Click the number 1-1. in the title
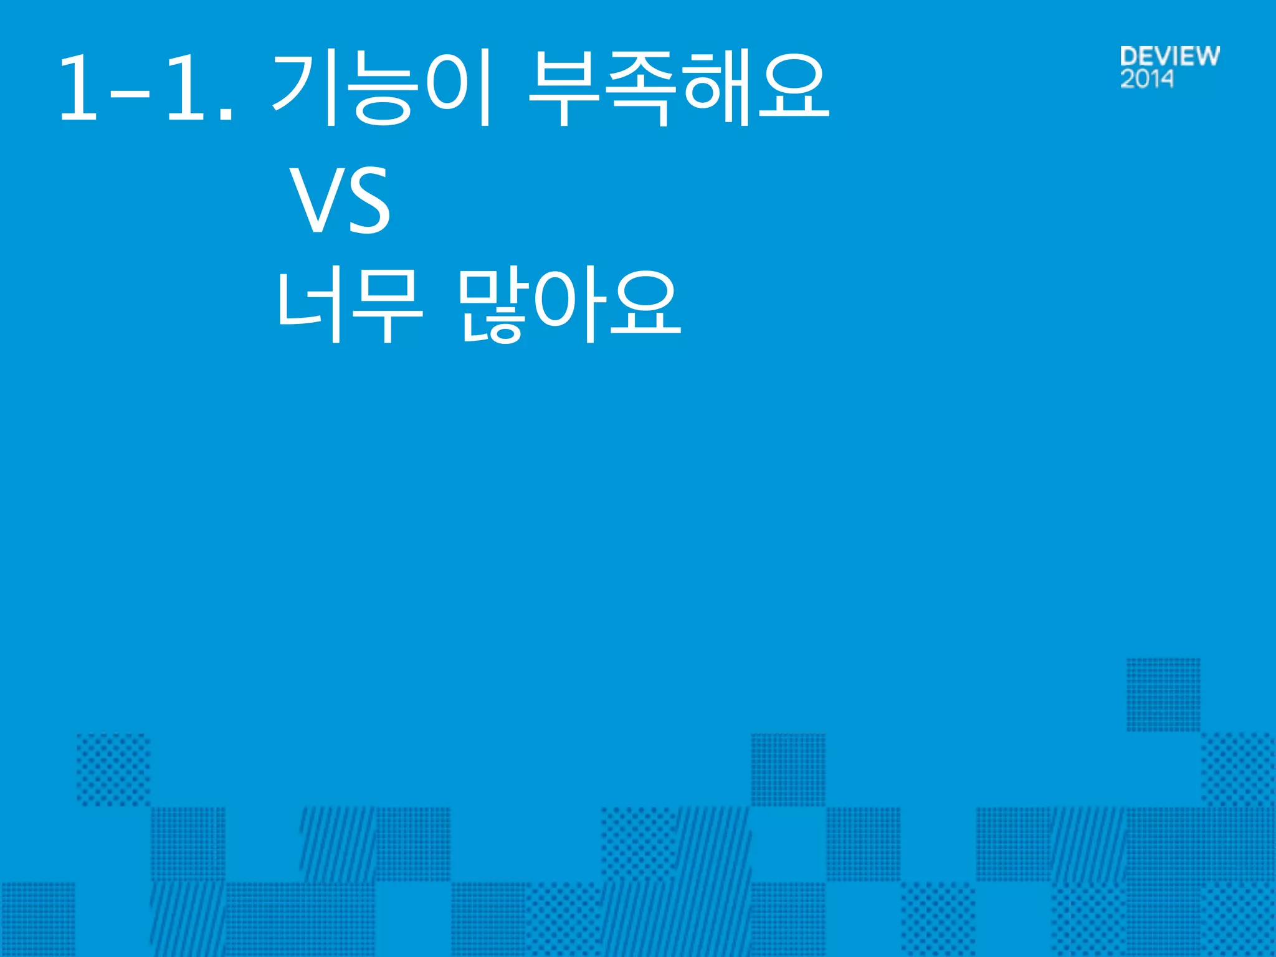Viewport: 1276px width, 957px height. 146,88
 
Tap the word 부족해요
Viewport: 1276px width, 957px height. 678,88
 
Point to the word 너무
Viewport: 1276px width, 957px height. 350,306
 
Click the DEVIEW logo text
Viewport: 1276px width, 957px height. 1169,56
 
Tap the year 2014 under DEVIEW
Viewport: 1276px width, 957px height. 1146,79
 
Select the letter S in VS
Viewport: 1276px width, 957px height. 368,201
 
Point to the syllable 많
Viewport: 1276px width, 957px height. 492,306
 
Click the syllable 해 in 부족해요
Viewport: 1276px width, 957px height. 717,88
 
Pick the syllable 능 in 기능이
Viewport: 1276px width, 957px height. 383,88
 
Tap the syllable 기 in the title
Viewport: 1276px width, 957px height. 305,88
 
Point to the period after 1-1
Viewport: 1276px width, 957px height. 227,115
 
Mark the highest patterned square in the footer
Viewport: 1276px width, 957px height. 1163,694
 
